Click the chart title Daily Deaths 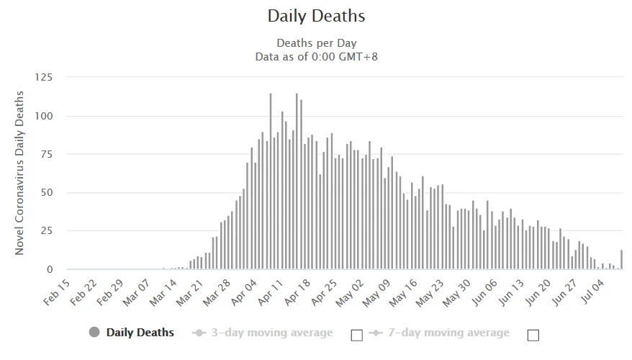(316, 15)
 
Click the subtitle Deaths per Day (316, 43)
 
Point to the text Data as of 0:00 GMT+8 (316, 56)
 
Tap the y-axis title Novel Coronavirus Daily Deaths (20, 172)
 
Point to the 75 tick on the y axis (48, 154)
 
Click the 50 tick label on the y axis (48, 193)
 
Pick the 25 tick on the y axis (48, 231)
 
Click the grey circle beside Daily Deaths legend (94, 333)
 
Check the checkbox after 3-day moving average (356, 335)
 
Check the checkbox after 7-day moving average (533, 335)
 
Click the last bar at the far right (621, 260)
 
